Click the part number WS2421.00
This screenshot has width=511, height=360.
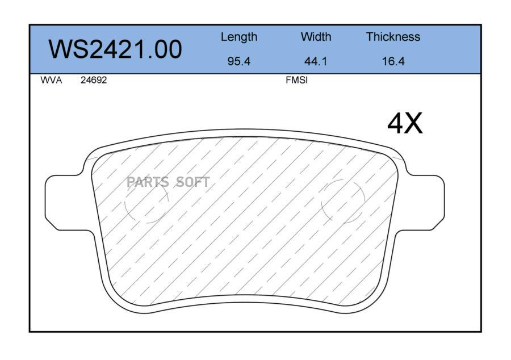pyautogui.click(x=115, y=49)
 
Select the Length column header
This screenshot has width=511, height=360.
pyautogui.click(x=239, y=37)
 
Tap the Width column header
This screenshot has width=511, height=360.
pyautogui.click(x=316, y=36)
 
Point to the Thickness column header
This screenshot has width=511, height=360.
pyautogui.click(x=393, y=36)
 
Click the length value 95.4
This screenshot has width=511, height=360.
pyautogui.click(x=239, y=61)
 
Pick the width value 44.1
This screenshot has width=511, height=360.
pyautogui.click(x=316, y=61)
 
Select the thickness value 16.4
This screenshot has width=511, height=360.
pyautogui.click(x=393, y=61)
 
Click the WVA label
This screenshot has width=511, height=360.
pyautogui.click(x=51, y=80)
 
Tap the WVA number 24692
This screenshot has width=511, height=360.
pyautogui.click(x=94, y=80)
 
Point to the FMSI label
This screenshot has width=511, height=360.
pyautogui.click(x=296, y=80)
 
